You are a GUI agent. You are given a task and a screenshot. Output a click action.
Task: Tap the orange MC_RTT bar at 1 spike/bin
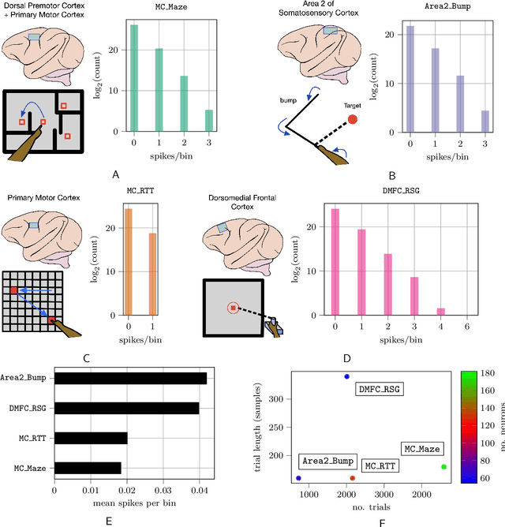(x=151, y=274)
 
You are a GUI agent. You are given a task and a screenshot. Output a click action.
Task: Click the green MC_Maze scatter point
(x=443, y=445)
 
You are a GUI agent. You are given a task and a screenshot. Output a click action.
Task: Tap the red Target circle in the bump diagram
(x=352, y=119)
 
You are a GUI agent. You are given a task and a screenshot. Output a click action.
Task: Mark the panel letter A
(x=116, y=174)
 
